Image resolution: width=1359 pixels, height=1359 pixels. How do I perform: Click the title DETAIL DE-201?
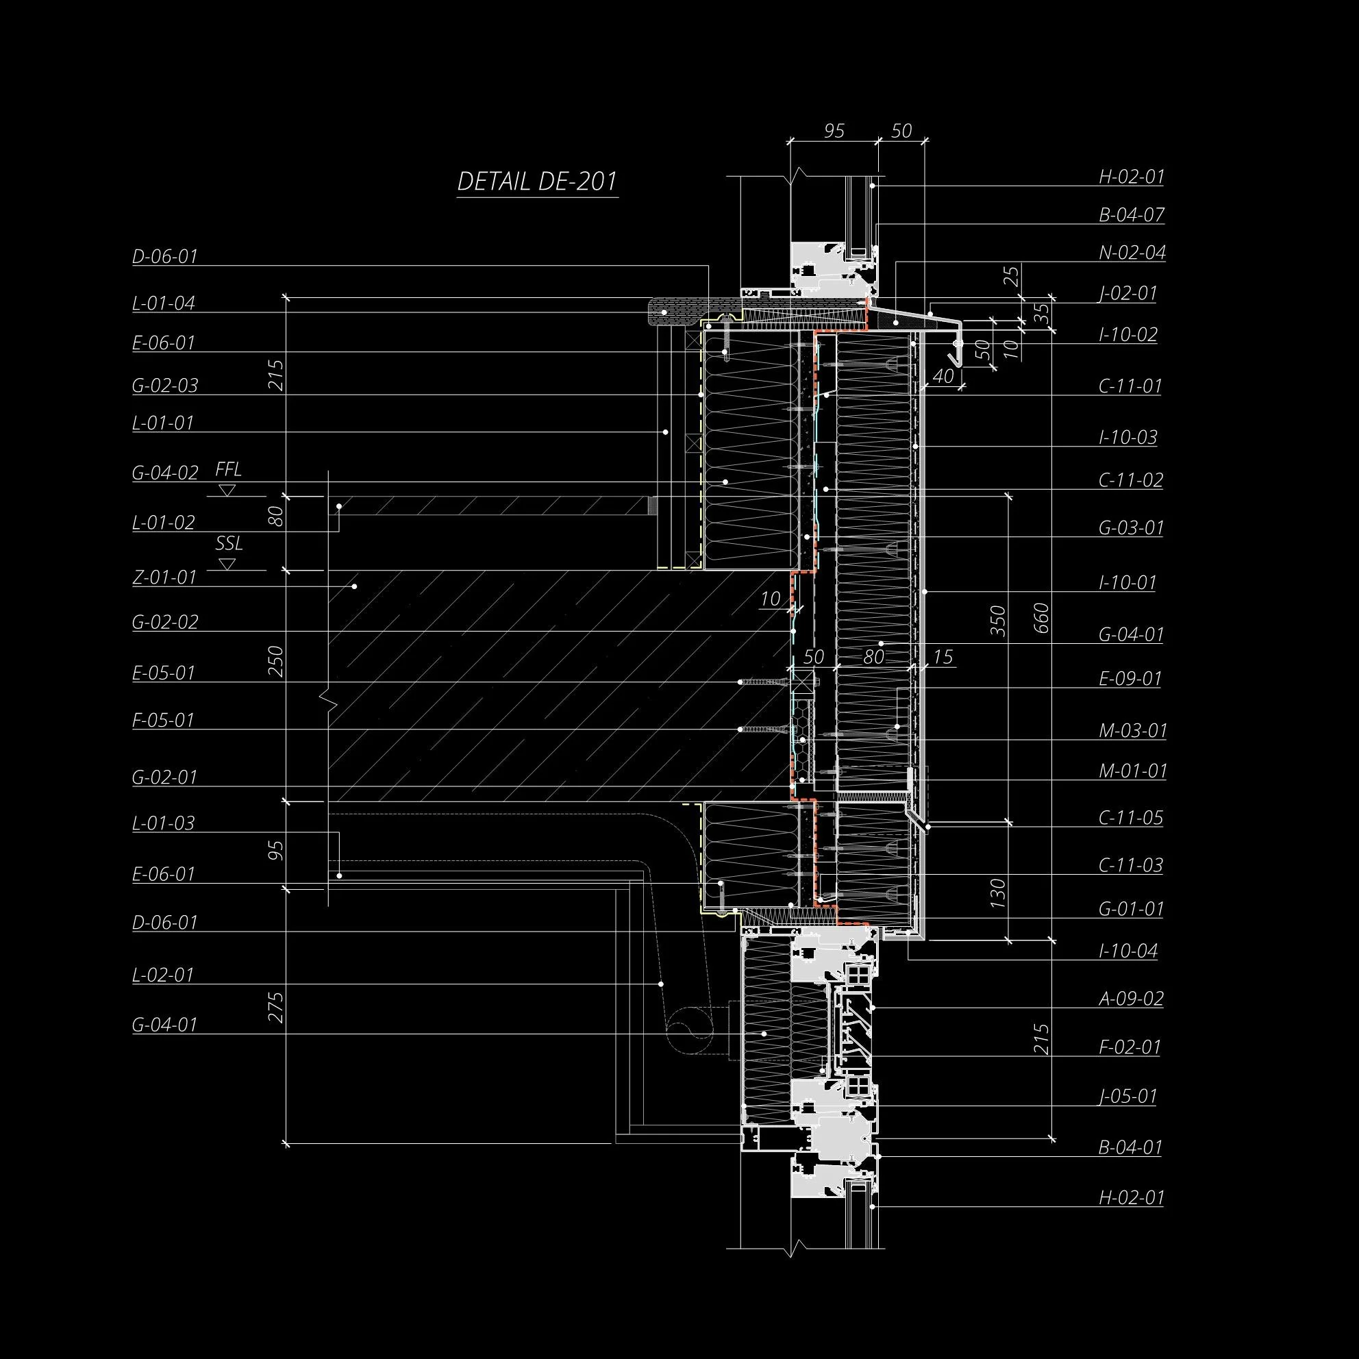(x=537, y=182)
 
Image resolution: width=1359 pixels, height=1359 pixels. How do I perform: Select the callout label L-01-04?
(x=163, y=303)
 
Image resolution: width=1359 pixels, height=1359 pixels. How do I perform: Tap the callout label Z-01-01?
(x=164, y=577)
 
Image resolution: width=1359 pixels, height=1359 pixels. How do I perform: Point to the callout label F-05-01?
(x=162, y=721)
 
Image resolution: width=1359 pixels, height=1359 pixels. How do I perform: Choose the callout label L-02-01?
(x=162, y=975)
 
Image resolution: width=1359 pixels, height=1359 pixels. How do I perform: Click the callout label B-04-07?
(x=1132, y=214)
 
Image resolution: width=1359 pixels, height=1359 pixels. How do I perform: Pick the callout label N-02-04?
(x=1132, y=253)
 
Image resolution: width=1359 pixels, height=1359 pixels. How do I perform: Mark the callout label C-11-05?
(x=1130, y=817)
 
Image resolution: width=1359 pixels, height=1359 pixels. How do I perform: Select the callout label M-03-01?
(x=1132, y=730)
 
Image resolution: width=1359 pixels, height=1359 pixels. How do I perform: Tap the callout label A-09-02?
(x=1131, y=998)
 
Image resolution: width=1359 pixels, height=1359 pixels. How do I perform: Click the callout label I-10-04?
(x=1127, y=951)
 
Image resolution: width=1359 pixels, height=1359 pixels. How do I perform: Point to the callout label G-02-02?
(x=165, y=622)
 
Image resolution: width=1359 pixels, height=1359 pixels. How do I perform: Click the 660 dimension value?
(x=1042, y=618)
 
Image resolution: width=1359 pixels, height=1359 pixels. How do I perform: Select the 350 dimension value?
(x=998, y=621)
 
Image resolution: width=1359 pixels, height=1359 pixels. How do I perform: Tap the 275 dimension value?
(x=276, y=1008)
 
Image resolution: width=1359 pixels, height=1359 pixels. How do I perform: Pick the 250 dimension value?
(x=276, y=661)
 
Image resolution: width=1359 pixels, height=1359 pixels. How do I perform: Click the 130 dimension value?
(x=998, y=893)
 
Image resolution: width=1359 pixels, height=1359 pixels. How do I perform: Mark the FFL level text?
(x=228, y=469)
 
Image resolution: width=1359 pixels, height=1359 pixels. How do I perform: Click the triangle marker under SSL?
(x=227, y=564)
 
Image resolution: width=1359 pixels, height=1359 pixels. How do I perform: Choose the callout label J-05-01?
(x=1127, y=1096)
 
